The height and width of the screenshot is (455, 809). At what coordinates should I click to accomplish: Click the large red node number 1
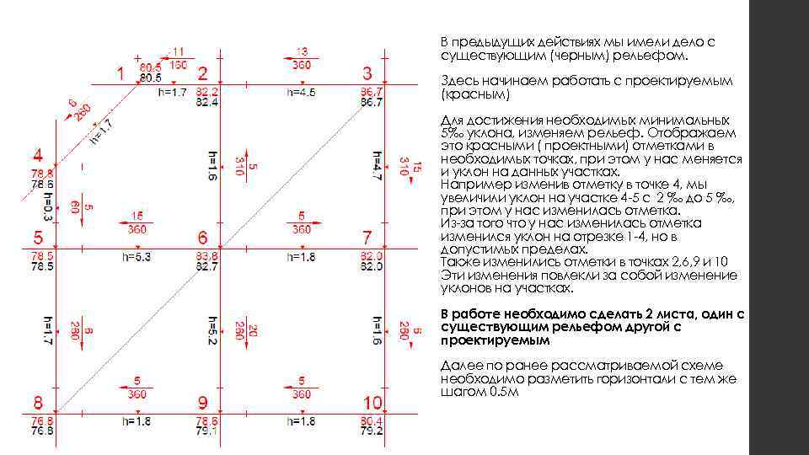[121, 73]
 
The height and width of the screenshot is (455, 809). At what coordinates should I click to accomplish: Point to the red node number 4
[39, 157]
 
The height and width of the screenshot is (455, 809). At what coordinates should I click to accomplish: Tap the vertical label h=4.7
[377, 167]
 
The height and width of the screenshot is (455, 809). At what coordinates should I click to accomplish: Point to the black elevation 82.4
[207, 102]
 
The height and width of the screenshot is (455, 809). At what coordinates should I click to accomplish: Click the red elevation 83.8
[207, 255]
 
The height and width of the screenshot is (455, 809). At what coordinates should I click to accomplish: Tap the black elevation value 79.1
[207, 431]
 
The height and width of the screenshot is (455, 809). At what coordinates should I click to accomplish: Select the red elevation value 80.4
[372, 420]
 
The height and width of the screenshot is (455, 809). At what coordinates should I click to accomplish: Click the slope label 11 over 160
[178, 57]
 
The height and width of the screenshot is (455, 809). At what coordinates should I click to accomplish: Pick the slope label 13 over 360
[303, 57]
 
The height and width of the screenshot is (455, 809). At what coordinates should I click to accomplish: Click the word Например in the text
[468, 185]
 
